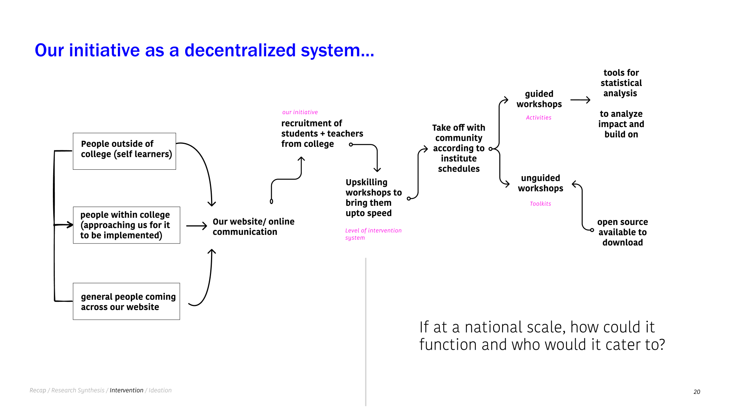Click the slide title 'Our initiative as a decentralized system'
point(204,50)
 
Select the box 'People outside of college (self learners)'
point(124,151)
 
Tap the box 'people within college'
point(126,225)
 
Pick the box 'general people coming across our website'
point(126,301)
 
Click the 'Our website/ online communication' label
point(253,227)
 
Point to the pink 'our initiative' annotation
point(300,112)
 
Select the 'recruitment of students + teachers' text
point(322,134)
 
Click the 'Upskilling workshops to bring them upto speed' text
point(373,198)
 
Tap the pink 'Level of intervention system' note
point(373,234)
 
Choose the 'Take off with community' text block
point(459,148)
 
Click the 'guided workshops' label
point(539,99)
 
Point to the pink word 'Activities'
point(538,118)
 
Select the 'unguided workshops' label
point(540,183)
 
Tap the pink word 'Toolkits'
point(540,204)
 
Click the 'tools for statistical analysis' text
point(621,83)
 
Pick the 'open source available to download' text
point(622,232)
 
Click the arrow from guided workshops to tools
point(580,100)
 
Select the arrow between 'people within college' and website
point(197,226)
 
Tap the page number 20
point(697,392)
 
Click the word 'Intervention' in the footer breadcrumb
point(126,390)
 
